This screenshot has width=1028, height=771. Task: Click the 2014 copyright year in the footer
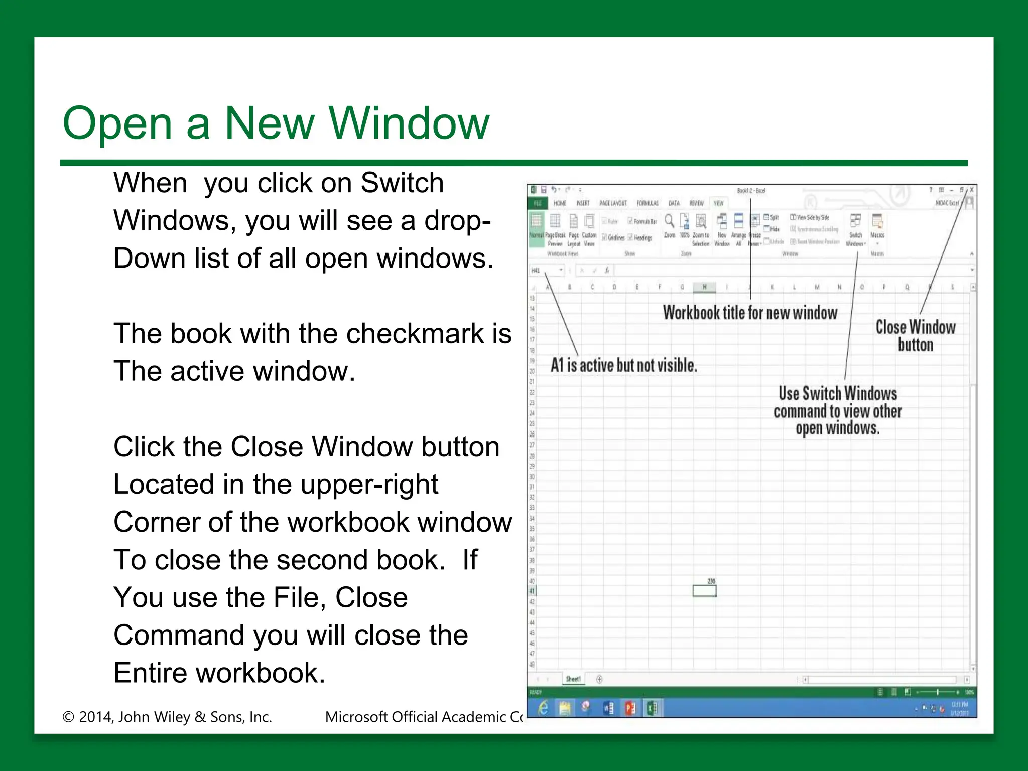96,717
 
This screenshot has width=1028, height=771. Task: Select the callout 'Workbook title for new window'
750,313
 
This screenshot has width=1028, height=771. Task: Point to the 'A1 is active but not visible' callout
623,365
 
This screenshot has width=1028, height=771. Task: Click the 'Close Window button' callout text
915,336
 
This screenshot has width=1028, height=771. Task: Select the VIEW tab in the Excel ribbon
718,203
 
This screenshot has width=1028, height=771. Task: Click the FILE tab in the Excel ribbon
538,203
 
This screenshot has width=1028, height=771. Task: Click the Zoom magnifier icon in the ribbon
669,221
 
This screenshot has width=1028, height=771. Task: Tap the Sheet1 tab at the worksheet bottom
573,679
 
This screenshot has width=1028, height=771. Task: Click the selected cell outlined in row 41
704,591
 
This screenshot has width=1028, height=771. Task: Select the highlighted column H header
704,287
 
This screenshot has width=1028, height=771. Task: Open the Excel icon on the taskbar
652,708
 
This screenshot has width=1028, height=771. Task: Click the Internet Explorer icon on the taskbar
543,708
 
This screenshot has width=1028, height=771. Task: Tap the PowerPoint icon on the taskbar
630,708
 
